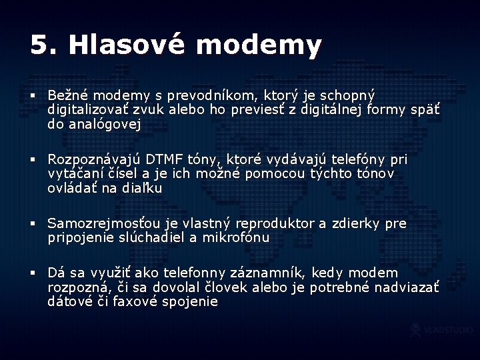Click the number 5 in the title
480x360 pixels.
pyautogui.click(x=40, y=45)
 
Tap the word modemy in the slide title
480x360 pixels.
pyautogui.click(x=259, y=45)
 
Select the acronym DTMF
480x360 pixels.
pyautogui.click(x=165, y=160)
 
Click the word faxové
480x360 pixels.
pyautogui.click(x=131, y=302)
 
